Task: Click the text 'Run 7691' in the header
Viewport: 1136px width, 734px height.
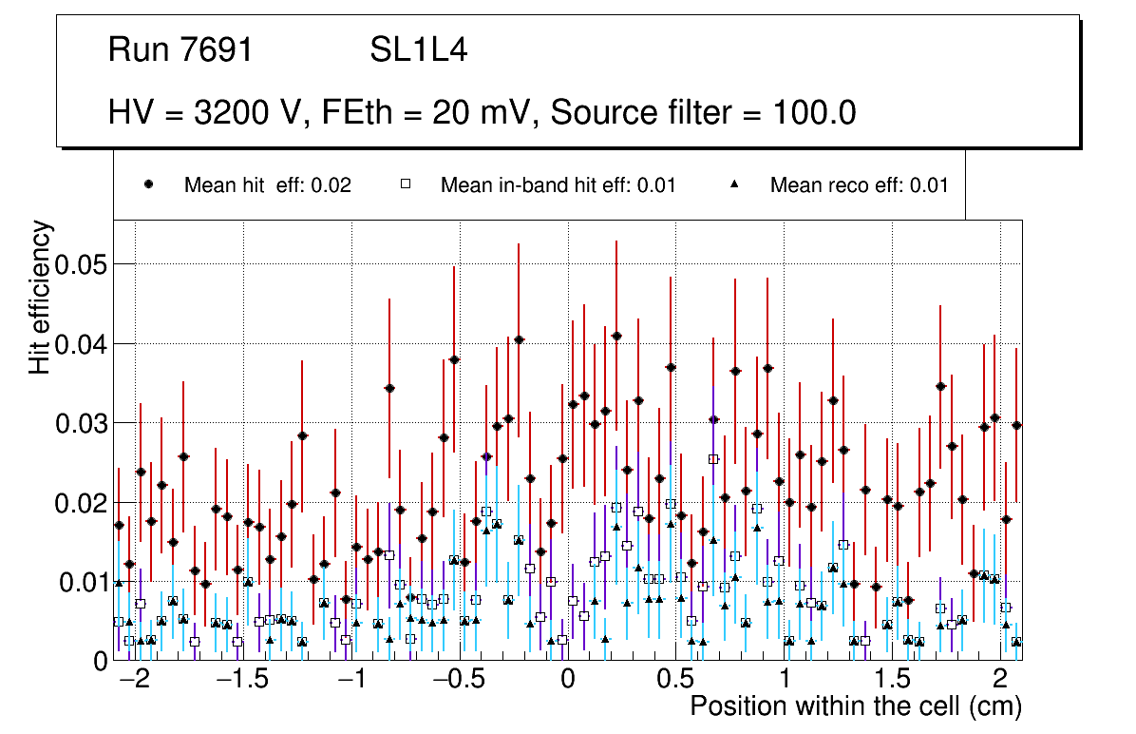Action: point(180,50)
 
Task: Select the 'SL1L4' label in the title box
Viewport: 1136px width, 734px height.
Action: point(418,50)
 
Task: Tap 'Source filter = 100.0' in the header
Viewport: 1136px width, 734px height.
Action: point(703,113)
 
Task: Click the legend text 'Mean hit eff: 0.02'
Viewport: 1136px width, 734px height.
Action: point(267,185)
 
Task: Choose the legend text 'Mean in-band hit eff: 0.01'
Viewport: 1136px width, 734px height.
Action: point(558,185)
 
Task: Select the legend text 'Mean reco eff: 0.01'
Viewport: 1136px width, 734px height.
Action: point(859,185)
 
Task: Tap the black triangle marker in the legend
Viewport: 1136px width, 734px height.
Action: point(735,185)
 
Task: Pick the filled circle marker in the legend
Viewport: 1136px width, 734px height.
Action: point(149,185)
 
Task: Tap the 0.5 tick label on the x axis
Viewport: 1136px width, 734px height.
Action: point(677,682)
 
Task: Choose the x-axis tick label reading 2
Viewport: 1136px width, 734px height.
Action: point(1000,682)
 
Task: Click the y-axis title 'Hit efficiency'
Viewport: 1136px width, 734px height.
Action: point(40,298)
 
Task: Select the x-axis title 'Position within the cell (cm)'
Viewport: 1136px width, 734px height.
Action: point(855,707)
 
